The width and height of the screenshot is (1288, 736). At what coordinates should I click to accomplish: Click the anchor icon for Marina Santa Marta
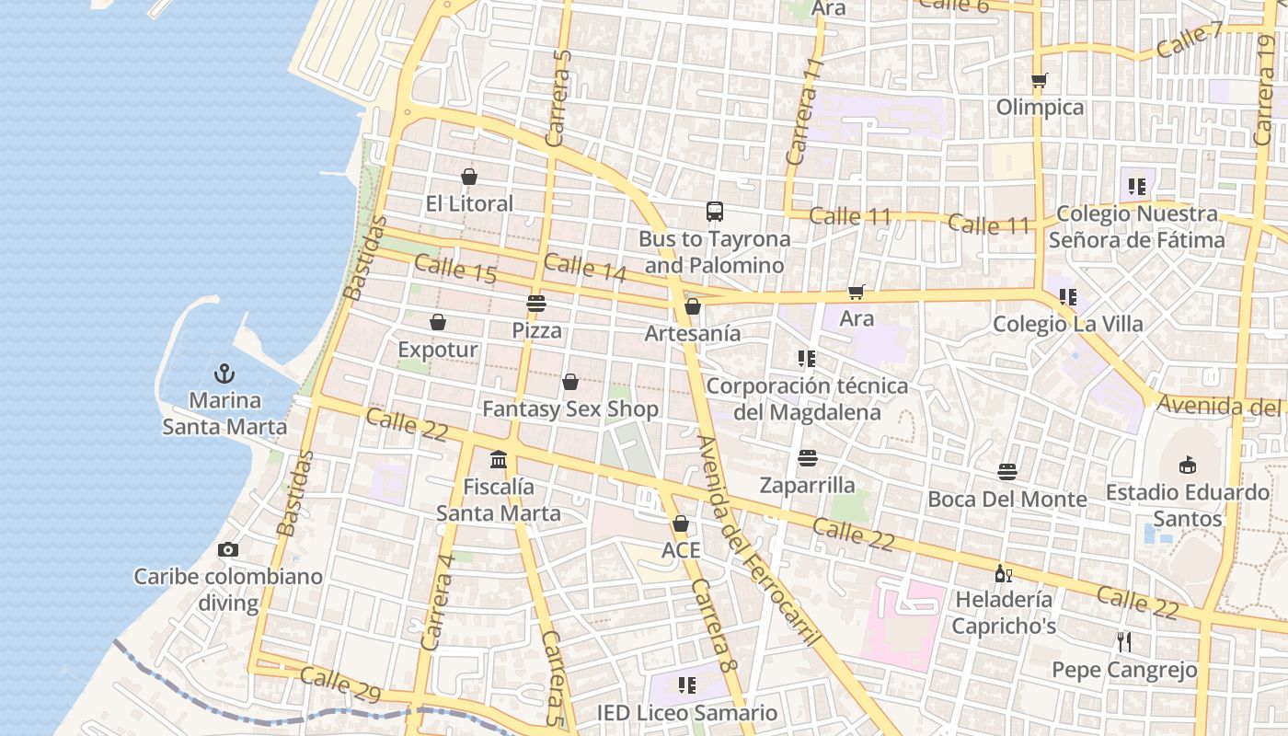click(x=224, y=374)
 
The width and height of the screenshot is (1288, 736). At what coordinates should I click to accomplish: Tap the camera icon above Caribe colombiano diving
click(x=228, y=549)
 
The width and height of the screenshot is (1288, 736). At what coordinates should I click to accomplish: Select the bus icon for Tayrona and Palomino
click(x=715, y=212)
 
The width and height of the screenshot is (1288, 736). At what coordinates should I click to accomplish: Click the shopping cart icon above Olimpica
click(x=1040, y=80)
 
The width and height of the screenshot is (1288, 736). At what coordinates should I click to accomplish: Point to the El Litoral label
click(x=469, y=203)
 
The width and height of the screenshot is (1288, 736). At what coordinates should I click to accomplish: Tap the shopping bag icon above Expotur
click(x=438, y=322)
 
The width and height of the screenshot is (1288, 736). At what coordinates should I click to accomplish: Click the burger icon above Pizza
click(x=536, y=303)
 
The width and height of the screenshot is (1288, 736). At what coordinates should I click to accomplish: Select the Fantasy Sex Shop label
click(x=570, y=408)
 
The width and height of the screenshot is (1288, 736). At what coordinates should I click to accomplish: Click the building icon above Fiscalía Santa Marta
click(x=499, y=458)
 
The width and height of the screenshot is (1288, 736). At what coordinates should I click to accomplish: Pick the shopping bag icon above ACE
click(x=681, y=523)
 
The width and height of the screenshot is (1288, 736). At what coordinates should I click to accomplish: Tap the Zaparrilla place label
click(x=807, y=485)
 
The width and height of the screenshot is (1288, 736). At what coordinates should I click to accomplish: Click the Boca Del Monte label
click(x=1007, y=499)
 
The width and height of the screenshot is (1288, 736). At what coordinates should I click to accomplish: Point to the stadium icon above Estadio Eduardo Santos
click(x=1187, y=464)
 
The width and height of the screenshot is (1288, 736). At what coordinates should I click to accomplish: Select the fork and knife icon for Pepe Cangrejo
click(x=1123, y=641)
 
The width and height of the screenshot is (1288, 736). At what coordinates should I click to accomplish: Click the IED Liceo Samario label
click(x=686, y=713)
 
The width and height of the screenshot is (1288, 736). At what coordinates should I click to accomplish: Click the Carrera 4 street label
click(x=437, y=602)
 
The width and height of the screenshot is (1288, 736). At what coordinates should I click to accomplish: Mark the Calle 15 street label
click(x=455, y=270)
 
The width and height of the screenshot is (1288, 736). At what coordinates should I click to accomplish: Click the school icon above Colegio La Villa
click(x=1067, y=296)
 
